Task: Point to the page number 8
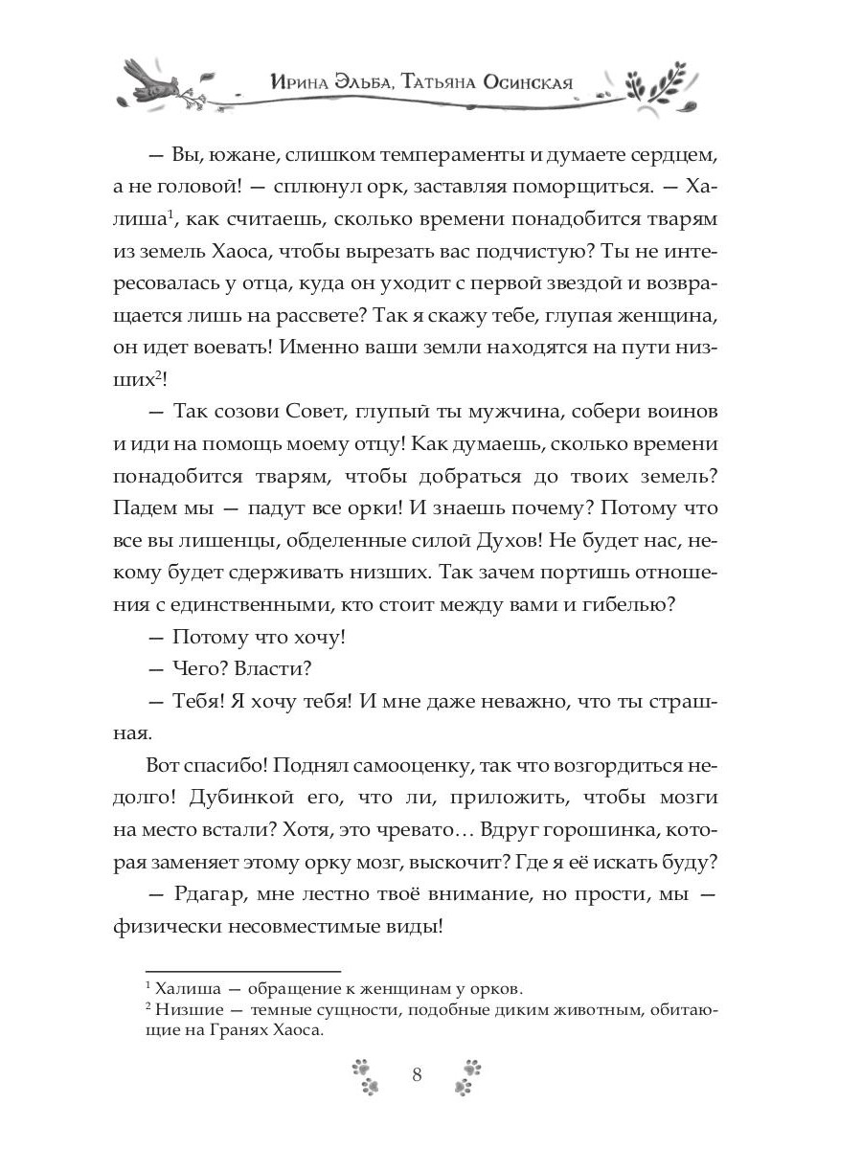[417, 1073]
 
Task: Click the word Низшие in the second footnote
[189, 1009]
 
